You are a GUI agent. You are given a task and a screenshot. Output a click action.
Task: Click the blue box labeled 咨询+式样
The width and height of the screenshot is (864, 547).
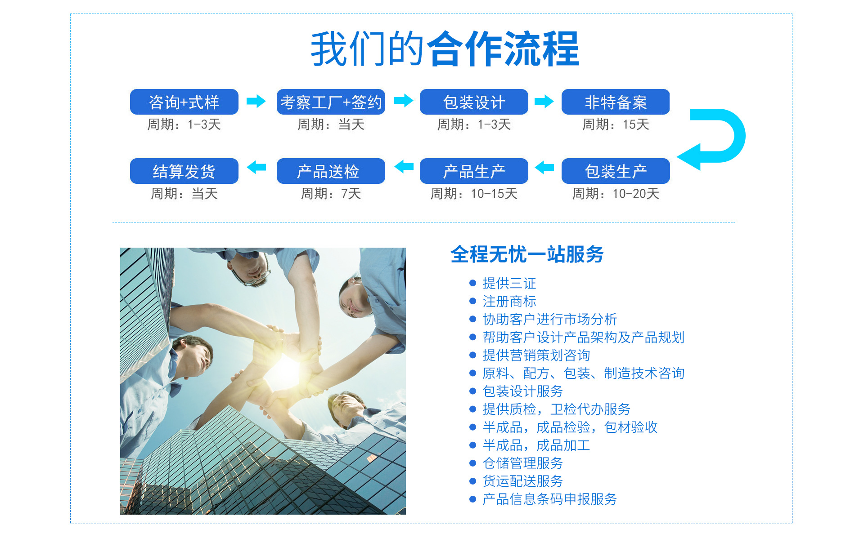point(184,102)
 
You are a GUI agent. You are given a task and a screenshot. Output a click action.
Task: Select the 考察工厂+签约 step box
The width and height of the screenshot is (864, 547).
point(331,102)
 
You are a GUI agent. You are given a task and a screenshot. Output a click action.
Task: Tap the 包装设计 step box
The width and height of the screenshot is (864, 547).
point(474,102)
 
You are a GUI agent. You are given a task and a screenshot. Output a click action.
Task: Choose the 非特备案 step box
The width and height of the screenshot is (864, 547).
point(616,102)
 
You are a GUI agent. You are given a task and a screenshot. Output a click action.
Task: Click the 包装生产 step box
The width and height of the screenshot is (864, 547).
point(616,171)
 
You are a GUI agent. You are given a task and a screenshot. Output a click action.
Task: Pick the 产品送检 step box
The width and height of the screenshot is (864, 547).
point(331,171)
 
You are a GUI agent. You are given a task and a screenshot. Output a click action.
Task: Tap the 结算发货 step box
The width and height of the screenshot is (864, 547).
point(184,171)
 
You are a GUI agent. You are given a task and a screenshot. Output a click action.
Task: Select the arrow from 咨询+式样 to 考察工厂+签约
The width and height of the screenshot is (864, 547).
point(256,101)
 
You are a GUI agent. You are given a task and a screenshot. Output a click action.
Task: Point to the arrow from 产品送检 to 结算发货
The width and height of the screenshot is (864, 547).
point(256,167)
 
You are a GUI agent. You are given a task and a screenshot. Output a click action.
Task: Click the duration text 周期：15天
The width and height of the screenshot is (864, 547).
point(616,125)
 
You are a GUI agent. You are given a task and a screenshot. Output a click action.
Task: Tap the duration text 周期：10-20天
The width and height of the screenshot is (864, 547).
point(616,194)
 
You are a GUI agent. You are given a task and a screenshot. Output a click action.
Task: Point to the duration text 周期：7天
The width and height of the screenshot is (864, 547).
point(331,194)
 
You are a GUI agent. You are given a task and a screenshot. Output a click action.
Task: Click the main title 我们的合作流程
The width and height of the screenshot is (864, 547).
point(445,49)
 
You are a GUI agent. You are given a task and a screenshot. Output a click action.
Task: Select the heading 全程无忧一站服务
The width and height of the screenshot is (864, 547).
point(527,254)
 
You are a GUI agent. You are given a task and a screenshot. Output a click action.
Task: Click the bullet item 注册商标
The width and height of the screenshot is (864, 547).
point(509,301)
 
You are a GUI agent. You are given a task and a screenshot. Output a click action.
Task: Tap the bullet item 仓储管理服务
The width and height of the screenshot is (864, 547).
point(523,463)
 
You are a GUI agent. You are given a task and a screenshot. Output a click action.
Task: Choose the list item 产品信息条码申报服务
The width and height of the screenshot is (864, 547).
point(550,499)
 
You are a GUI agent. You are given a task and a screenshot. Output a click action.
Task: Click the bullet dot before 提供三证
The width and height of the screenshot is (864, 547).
point(472,283)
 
